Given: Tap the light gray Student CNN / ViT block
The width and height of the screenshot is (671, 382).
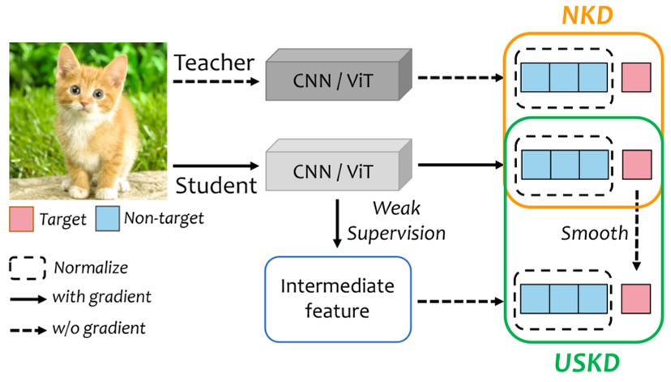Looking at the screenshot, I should coord(334,167).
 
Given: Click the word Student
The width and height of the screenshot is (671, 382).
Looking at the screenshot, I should coord(214,186).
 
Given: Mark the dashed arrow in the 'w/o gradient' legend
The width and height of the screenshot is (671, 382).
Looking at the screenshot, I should coord(25,329).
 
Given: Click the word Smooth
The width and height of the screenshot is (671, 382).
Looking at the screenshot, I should coord(594,233).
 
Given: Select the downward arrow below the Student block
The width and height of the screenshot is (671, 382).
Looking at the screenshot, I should coord(336,224).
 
